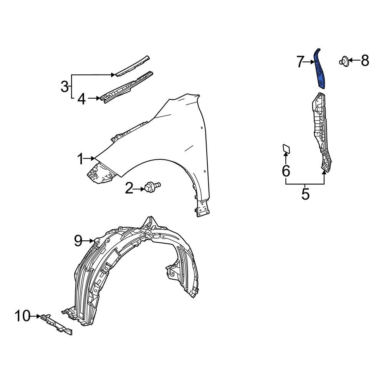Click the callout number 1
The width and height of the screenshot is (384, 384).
pos(80,159)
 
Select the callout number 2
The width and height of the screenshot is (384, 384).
pos(129,188)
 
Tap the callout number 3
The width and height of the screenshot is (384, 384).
pos(65,86)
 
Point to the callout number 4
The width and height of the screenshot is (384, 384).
pos(81,99)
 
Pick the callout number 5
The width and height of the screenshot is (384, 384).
pos(305,194)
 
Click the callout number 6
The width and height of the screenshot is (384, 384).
pos(286,171)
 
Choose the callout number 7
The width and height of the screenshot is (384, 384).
pos(300,62)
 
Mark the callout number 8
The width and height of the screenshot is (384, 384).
pos(364,60)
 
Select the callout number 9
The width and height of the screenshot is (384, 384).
pos(78,241)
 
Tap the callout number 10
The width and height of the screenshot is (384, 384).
pos(22,316)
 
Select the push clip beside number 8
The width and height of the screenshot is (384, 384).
pos(344,61)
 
